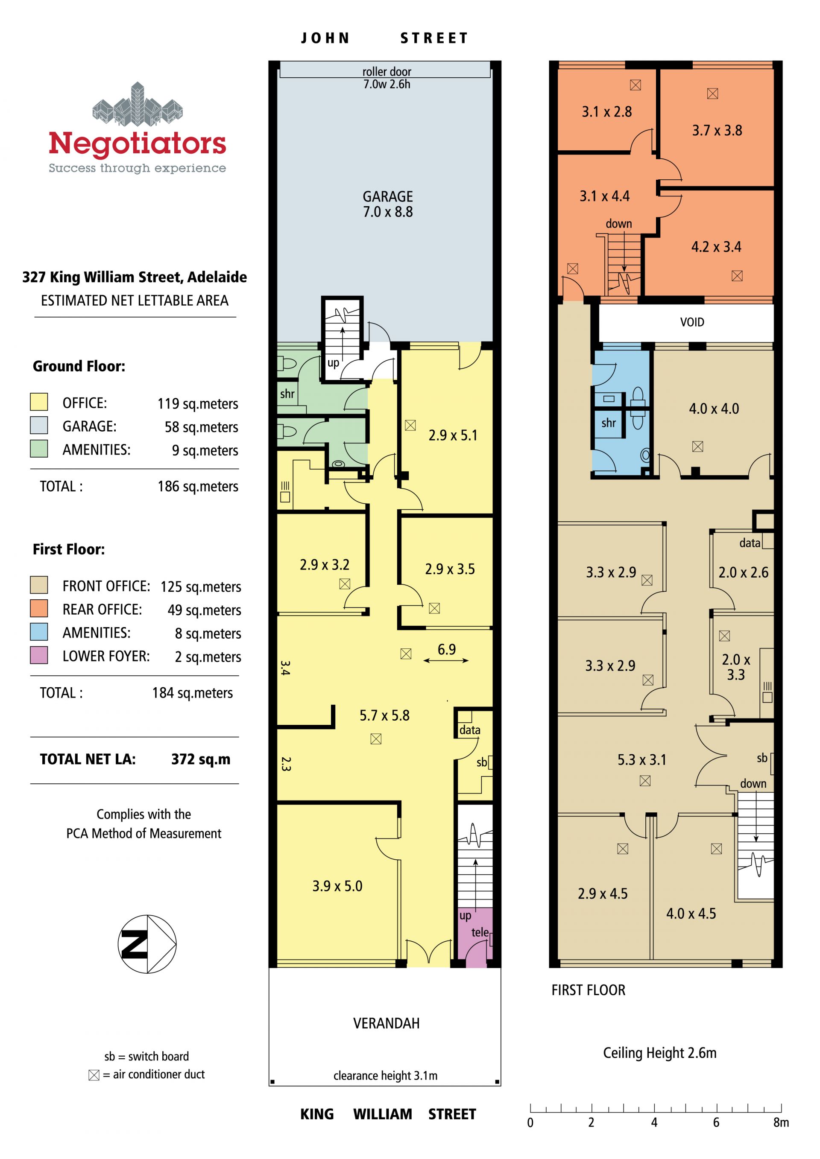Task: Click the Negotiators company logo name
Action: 138,143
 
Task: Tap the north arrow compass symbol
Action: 147,944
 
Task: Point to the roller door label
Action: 387,71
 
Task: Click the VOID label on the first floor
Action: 692,322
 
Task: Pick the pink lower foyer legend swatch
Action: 39,655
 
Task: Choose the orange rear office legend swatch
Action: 39,608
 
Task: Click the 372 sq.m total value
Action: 201,759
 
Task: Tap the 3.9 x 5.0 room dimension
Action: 337,886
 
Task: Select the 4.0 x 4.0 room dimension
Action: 714,409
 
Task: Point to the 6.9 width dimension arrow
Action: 446,660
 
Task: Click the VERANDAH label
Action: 386,1023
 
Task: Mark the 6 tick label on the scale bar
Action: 716,1122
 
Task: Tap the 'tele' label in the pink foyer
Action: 480,932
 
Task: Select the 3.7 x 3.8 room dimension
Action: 717,131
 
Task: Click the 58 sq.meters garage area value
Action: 202,427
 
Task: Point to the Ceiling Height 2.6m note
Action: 660,1053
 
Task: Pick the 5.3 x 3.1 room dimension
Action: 642,760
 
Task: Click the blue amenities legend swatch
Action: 39,631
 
